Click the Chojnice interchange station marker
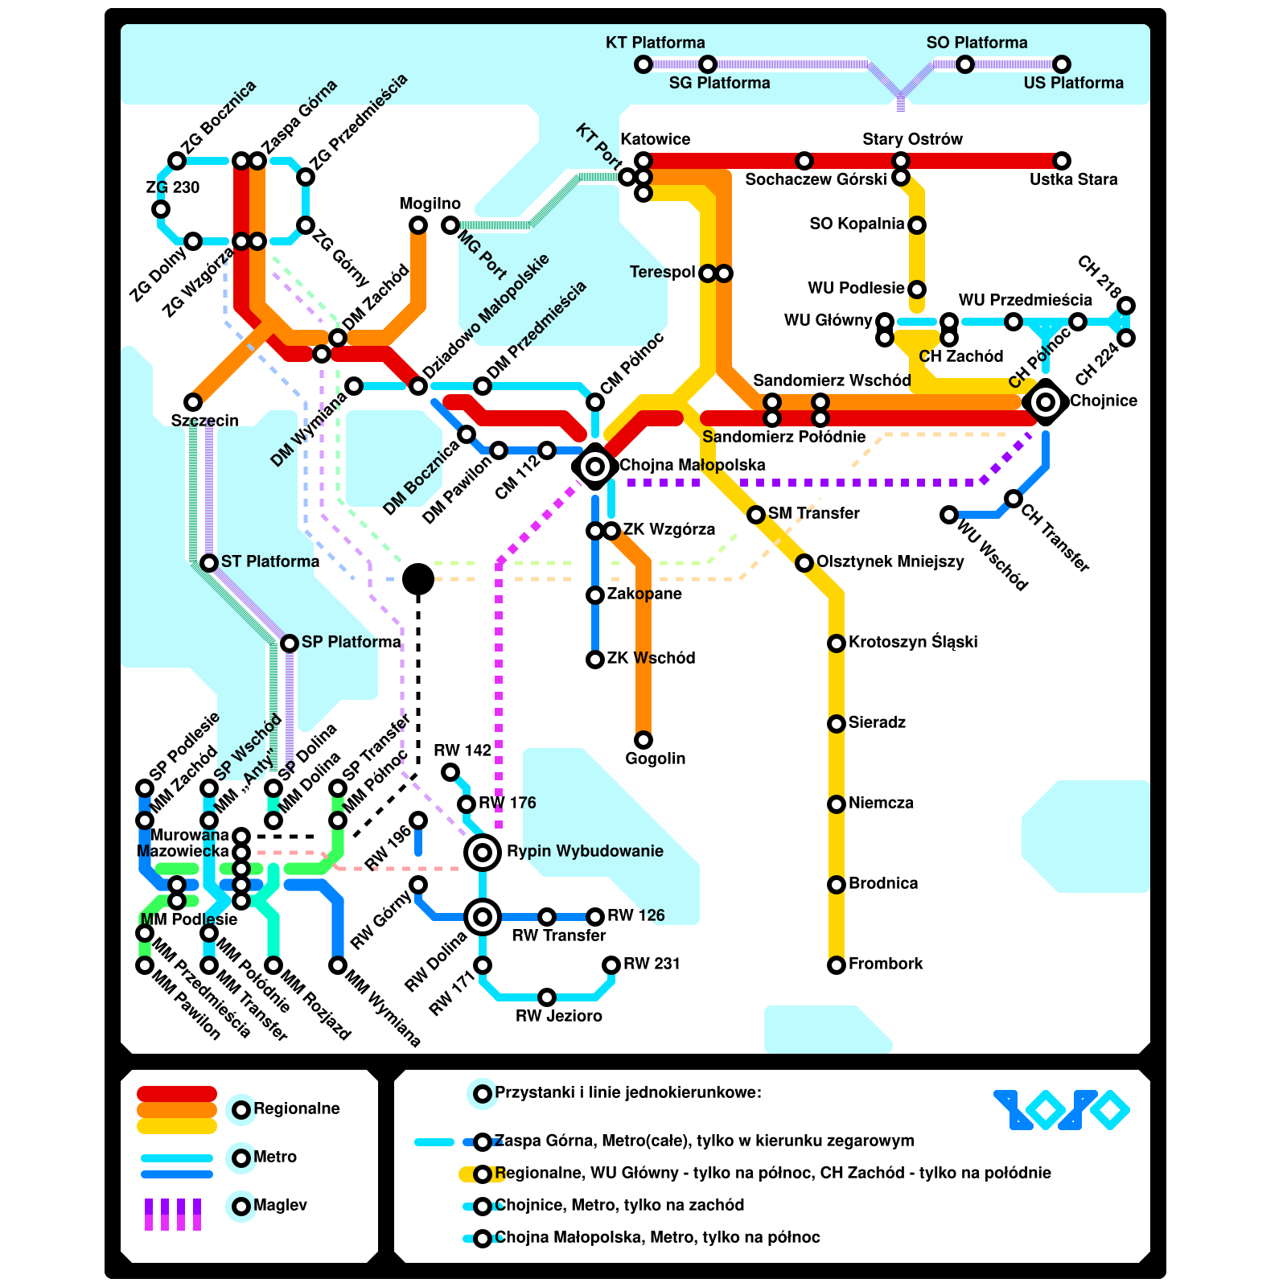click(x=1046, y=401)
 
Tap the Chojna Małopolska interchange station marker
click(x=595, y=466)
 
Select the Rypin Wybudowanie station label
click(x=585, y=851)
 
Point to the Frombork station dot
click(x=837, y=964)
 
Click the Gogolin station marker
click(x=643, y=739)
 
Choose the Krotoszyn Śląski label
click(x=913, y=642)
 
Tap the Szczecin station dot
click(x=193, y=401)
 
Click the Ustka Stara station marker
click(x=1062, y=161)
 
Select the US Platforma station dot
click(x=1062, y=64)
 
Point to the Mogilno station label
click(x=430, y=204)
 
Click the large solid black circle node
click(x=418, y=578)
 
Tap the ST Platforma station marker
click(x=209, y=562)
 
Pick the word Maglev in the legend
click(x=280, y=1205)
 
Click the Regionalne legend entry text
click(x=296, y=1108)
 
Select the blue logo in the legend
click(x=1062, y=1110)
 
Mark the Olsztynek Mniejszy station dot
click(x=804, y=562)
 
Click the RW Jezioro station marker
click(x=547, y=997)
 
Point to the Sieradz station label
click(x=877, y=722)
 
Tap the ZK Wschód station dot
click(x=595, y=659)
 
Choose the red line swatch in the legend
click(x=177, y=1094)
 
